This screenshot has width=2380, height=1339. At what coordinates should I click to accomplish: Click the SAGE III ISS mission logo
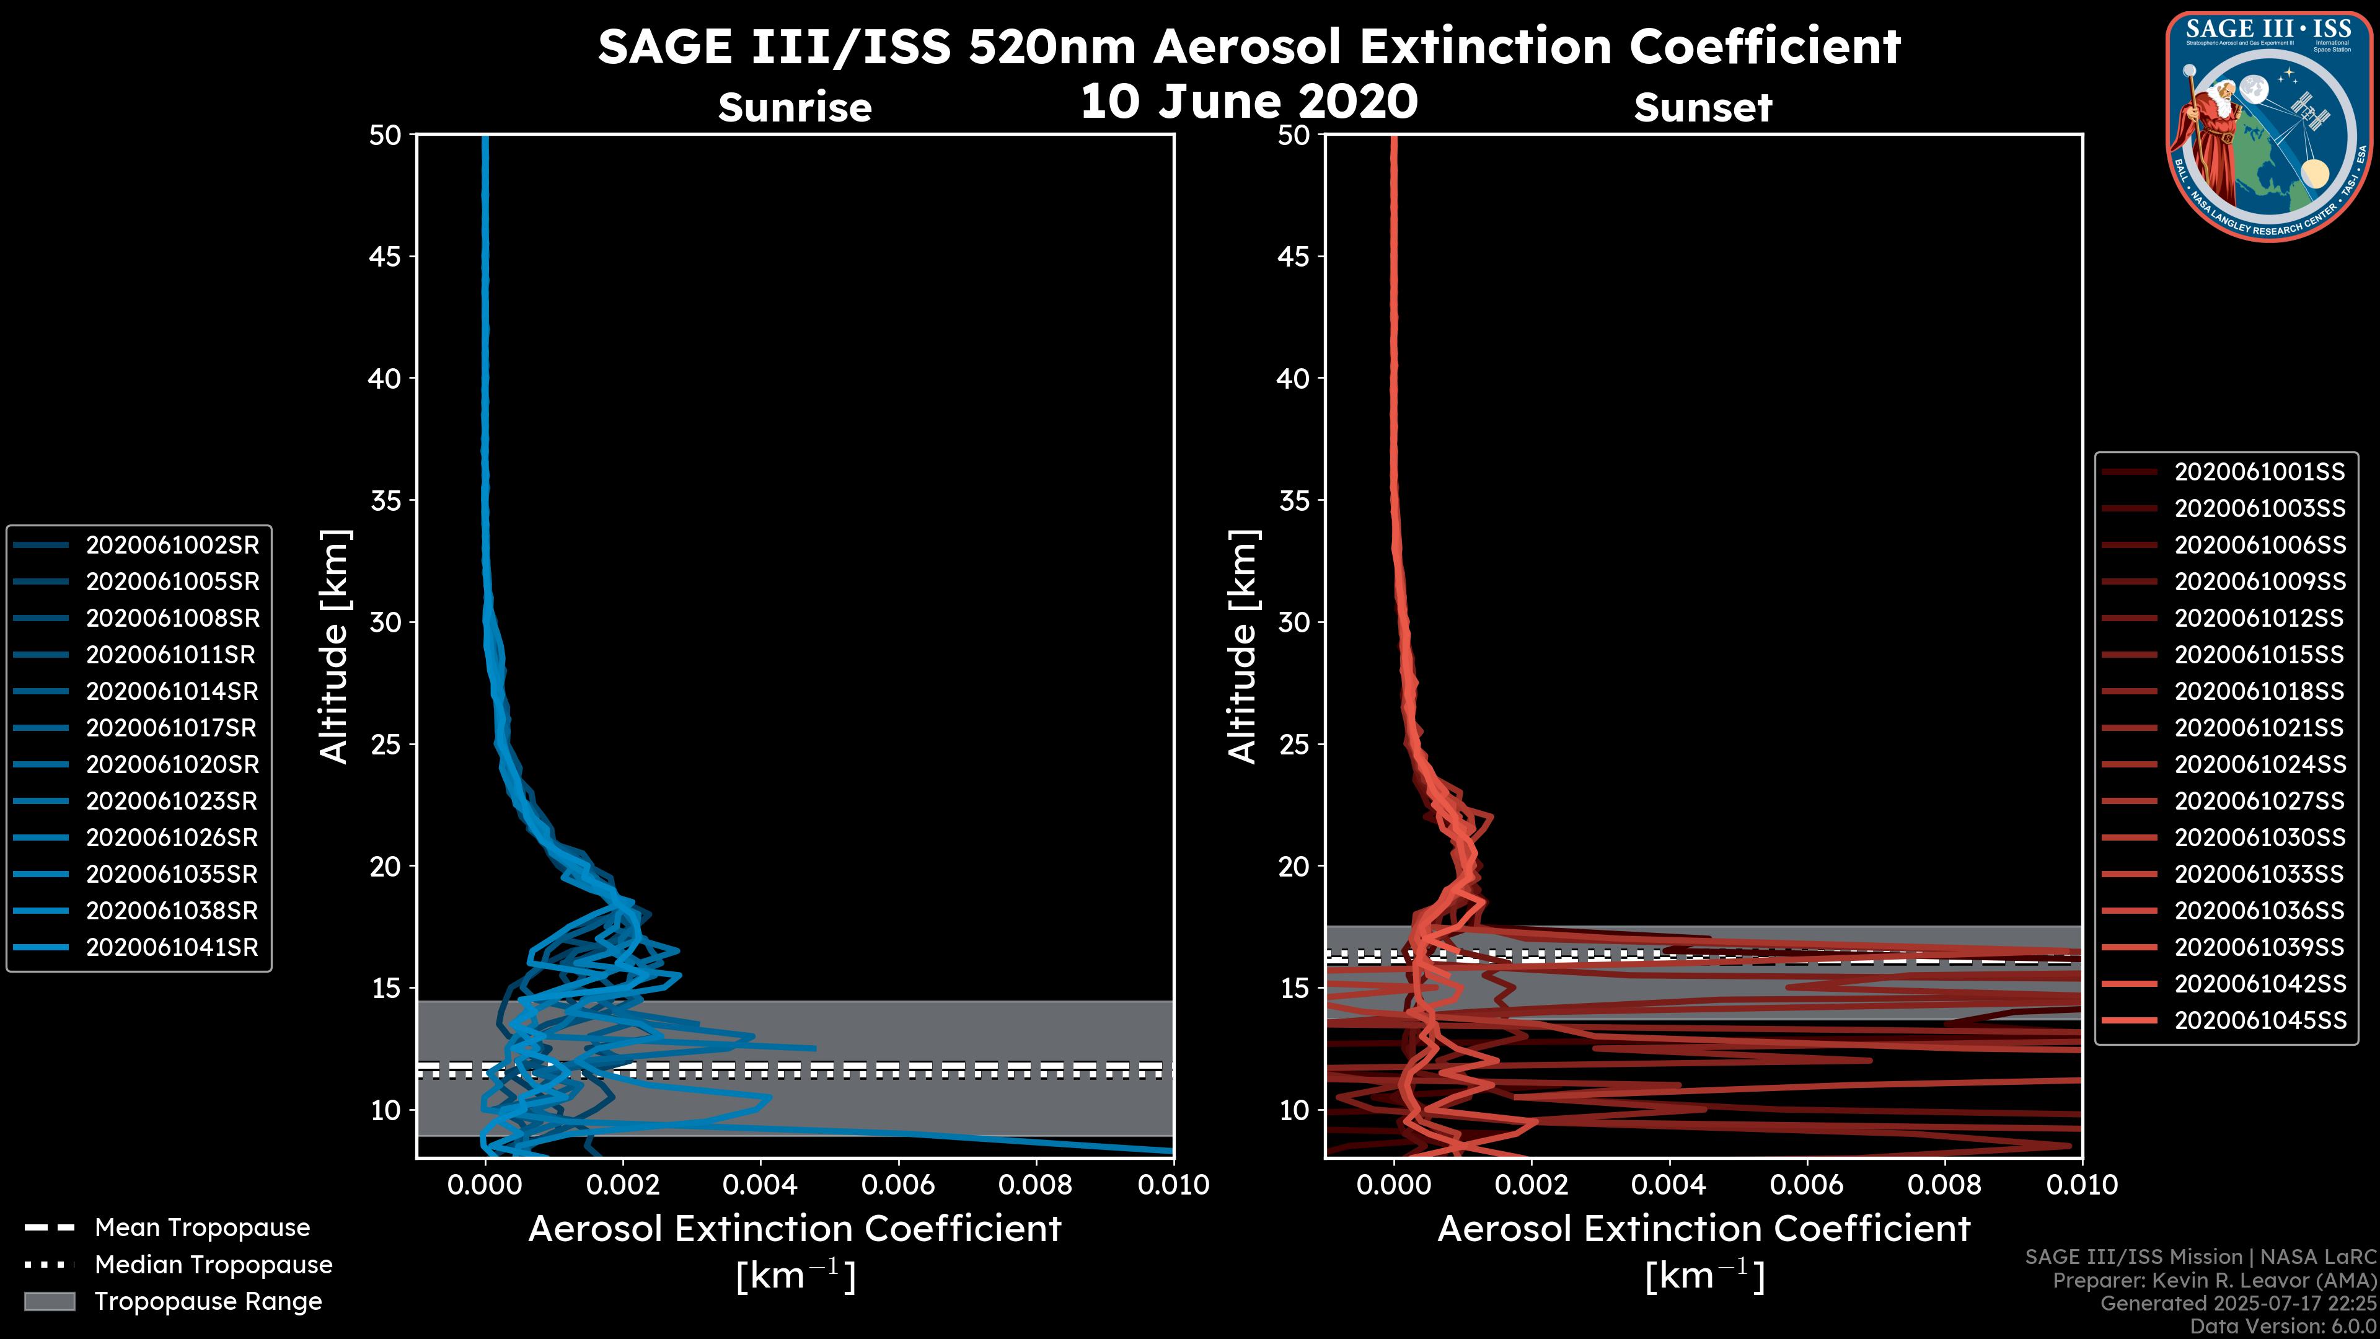click(2269, 126)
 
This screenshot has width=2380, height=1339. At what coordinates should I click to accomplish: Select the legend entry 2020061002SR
click(172, 546)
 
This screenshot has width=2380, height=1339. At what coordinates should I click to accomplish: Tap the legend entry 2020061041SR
click(172, 947)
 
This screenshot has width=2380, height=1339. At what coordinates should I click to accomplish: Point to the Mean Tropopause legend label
click(202, 1227)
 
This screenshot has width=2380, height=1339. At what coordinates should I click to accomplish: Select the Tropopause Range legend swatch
click(49, 1301)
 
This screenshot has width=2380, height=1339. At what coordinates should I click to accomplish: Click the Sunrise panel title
click(795, 108)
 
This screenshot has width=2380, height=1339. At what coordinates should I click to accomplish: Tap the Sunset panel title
click(1703, 108)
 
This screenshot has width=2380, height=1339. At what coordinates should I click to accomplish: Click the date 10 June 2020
click(1248, 102)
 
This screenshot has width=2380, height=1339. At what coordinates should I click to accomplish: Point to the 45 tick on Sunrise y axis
click(386, 257)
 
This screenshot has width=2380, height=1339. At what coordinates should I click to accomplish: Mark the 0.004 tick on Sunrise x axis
click(759, 1185)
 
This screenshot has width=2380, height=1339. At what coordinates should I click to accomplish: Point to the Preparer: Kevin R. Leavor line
click(2214, 1281)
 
